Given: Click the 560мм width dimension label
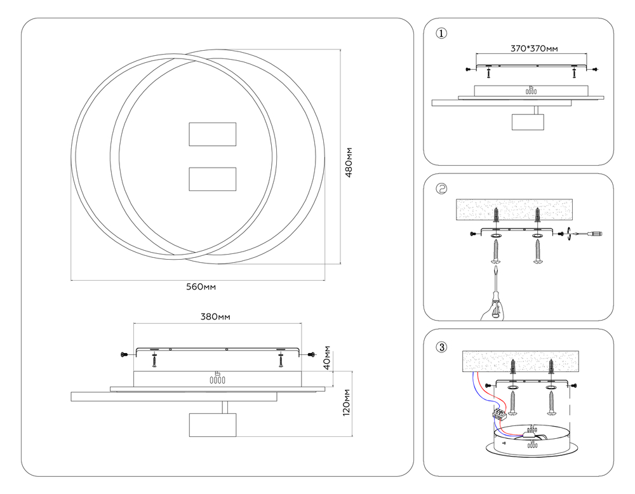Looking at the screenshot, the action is (201, 287).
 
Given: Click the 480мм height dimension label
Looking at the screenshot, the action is (349, 162).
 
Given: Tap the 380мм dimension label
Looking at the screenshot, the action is (215, 317).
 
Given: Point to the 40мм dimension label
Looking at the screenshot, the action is (327, 357).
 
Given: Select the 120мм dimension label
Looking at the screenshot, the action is (347, 403).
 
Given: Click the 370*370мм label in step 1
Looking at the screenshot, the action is (534, 49).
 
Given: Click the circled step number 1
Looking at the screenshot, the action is (441, 33).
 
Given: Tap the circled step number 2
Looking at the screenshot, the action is (441, 189).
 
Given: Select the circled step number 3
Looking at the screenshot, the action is (441, 347).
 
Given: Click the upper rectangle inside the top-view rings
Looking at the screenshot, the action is (213, 135).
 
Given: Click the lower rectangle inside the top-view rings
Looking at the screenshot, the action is (213, 180).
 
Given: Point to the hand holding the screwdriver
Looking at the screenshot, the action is (493, 311).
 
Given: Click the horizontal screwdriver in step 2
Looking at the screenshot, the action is (585, 234).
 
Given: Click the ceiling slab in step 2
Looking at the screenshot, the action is (514, 210).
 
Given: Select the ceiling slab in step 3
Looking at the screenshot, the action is (521, 361).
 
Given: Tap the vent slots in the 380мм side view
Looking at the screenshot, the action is (217, 380).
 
